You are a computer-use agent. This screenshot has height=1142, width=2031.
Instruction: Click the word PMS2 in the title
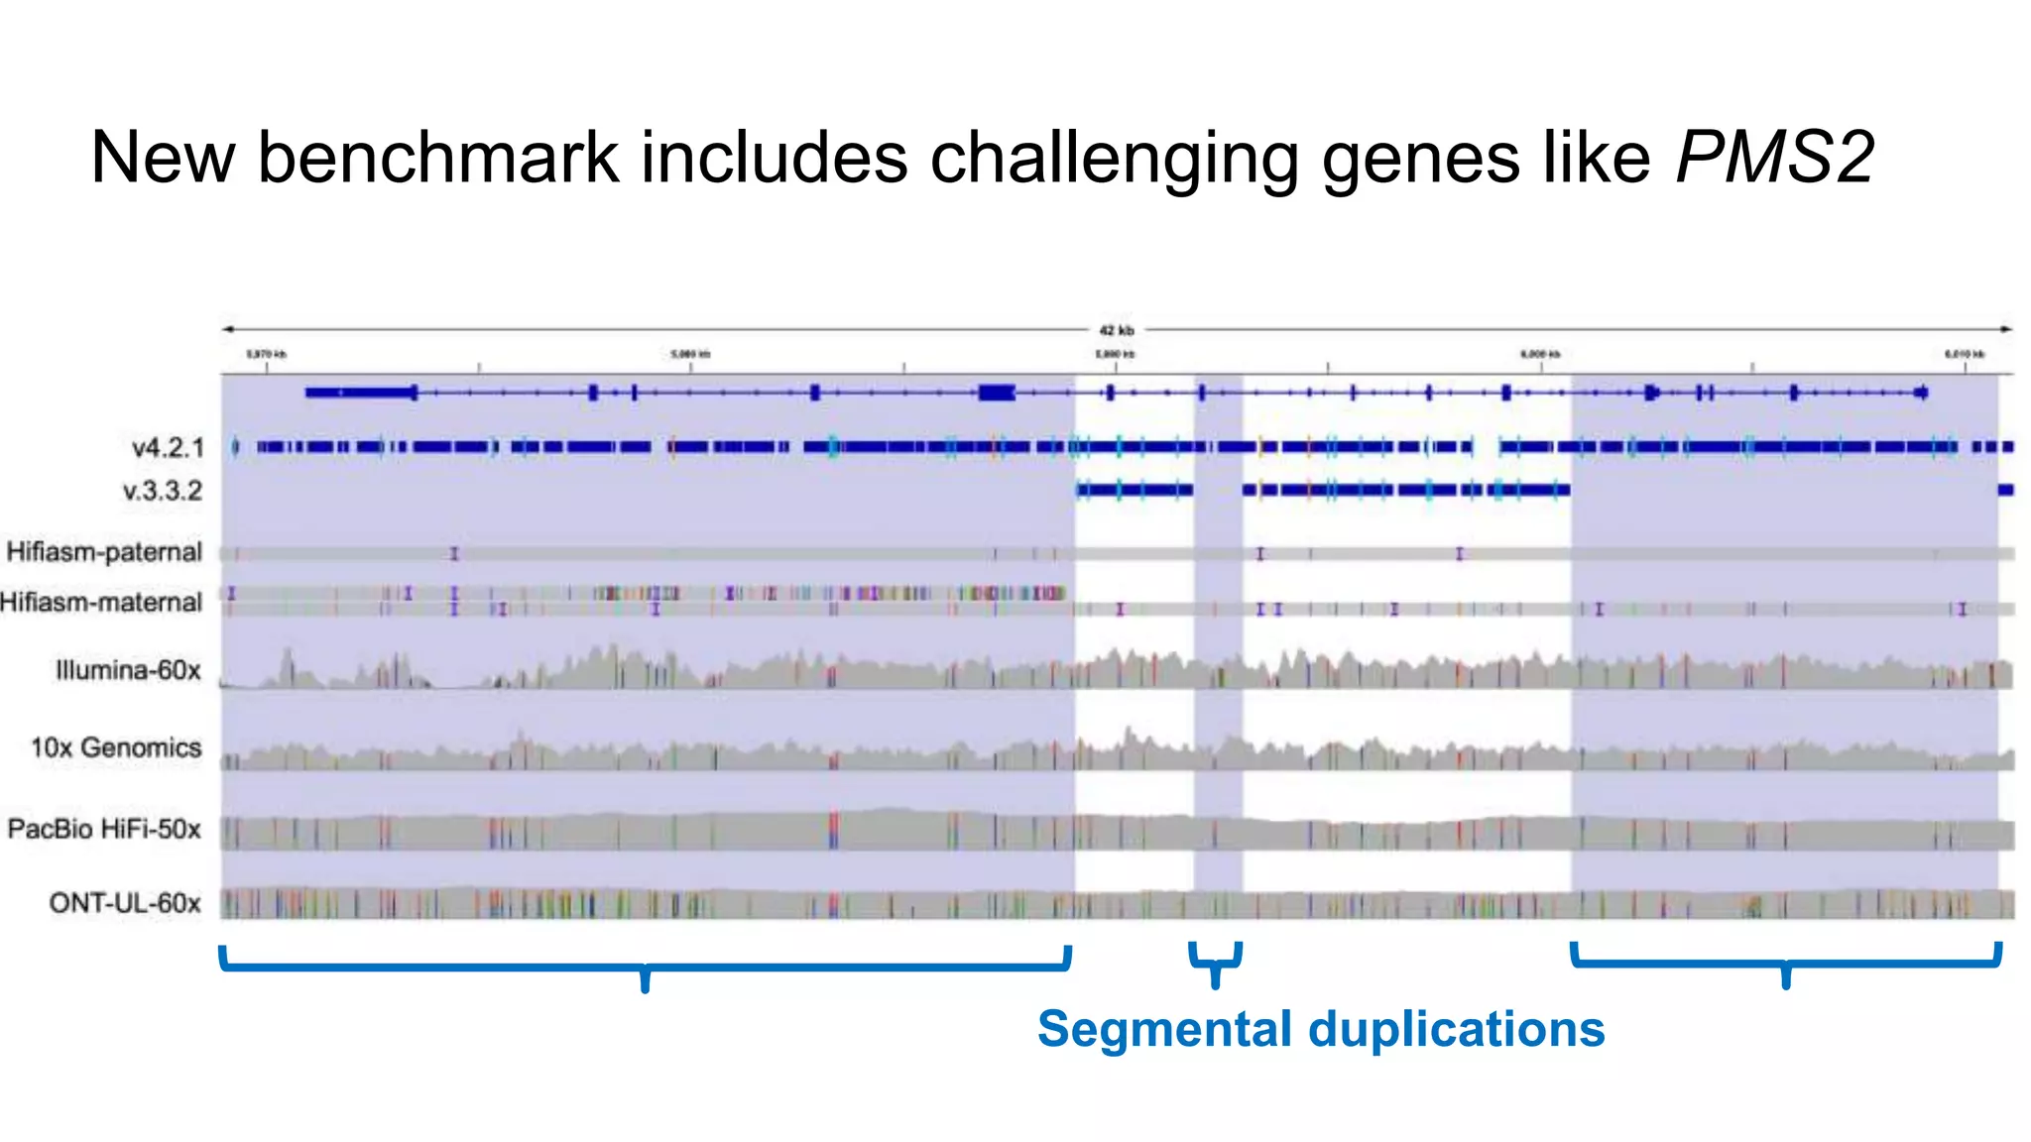pos(1774,158)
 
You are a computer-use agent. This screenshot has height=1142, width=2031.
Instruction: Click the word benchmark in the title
pos(436,158)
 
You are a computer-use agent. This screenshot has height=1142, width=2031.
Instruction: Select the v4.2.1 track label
pos(168,448)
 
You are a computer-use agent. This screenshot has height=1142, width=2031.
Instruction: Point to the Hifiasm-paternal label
pos(104,552)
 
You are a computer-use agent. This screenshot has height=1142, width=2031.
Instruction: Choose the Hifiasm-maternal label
pos(101,603)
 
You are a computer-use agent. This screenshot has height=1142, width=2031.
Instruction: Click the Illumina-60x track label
pos(128,671)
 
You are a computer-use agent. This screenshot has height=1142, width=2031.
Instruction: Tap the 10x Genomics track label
pos(115,747)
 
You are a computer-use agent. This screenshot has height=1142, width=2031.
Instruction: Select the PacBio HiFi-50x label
pos(104,829)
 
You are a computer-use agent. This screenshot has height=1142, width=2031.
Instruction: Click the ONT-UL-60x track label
pos(125,903)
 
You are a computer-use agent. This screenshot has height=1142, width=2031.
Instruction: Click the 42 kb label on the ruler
pos(1117,330)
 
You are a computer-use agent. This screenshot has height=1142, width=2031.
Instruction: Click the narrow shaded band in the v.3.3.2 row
pos(1218,490)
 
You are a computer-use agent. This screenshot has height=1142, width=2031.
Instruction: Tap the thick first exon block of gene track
pos(361,394)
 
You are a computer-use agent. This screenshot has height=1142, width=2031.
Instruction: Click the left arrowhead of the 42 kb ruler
pos(227,329)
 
